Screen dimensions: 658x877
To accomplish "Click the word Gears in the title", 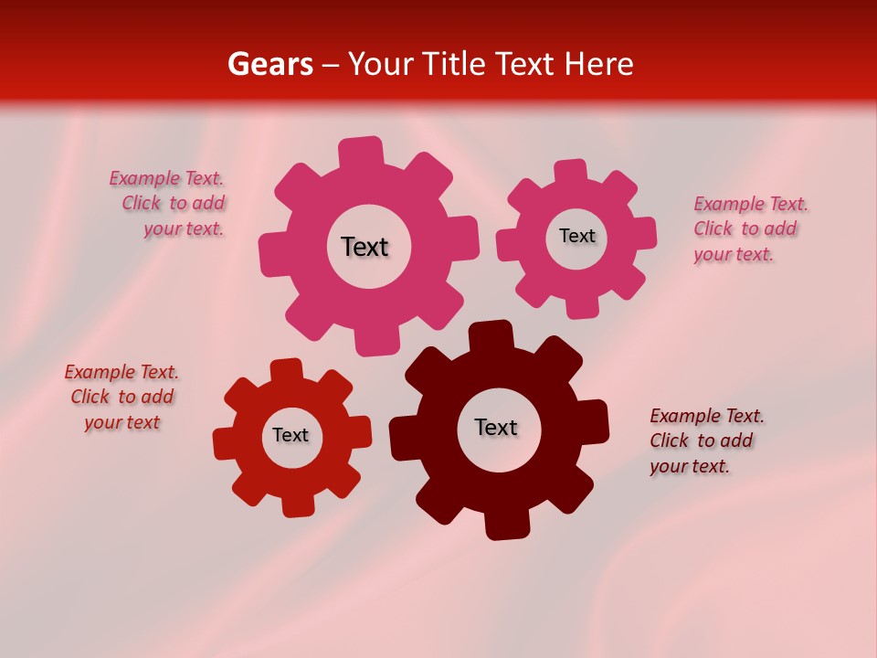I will coord(269,64).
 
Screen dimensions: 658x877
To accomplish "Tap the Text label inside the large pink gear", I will coord(365,247).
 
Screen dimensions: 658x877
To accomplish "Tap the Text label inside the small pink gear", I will coord(576,236).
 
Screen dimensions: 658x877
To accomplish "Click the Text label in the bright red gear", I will coord(291,435).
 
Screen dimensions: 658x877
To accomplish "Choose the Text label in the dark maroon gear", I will coord(496,427).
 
